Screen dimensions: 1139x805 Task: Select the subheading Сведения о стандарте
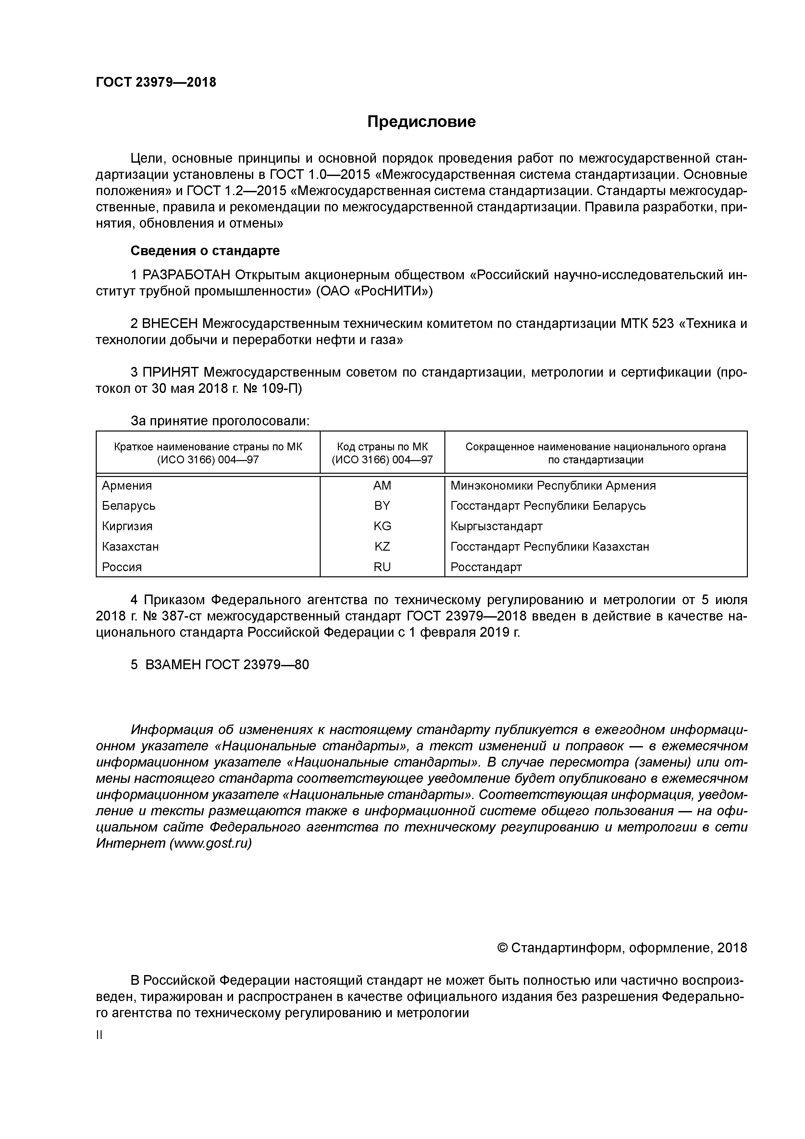(205, 251)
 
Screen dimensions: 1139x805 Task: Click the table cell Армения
(127, 486)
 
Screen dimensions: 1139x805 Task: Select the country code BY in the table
(382, 506)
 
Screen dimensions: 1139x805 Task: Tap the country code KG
(382, 526)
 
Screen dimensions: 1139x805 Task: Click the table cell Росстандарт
(486, 567)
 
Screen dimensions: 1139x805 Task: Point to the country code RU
(382, 567)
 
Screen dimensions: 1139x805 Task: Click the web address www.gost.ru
(210, 843)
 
